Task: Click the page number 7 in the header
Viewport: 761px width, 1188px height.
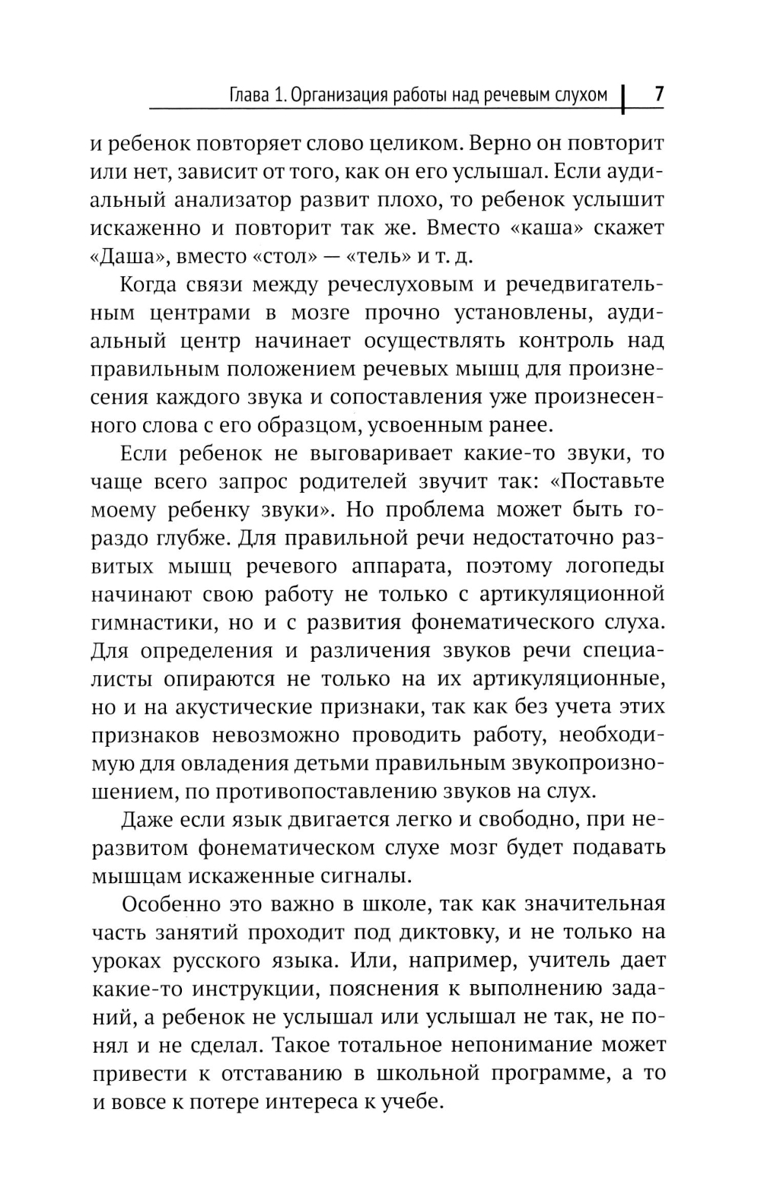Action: [x=659, y=95]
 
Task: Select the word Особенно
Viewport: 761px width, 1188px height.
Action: [x=166, y=904]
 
